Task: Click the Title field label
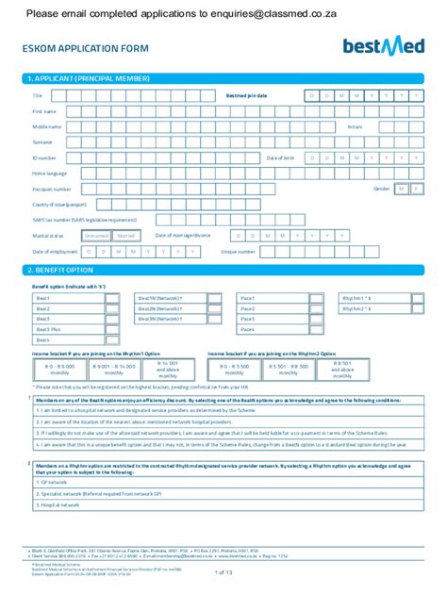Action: [x=38, y=96]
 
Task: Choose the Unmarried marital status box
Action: [x=96, y=236]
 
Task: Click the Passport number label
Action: [x=52, y=189]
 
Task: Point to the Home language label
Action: [x=50, y=173]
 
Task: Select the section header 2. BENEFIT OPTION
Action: [x=64, y=271]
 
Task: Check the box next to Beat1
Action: [x=112, y=298]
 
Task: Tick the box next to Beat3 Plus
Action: [x=112, y=329]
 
